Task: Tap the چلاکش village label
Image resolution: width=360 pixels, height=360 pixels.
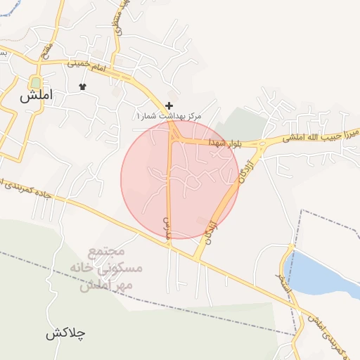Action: pos(65,333)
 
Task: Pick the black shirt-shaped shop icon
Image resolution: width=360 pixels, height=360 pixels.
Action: pos(82,86)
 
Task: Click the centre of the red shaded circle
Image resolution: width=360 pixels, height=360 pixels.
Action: pos(180,180)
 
